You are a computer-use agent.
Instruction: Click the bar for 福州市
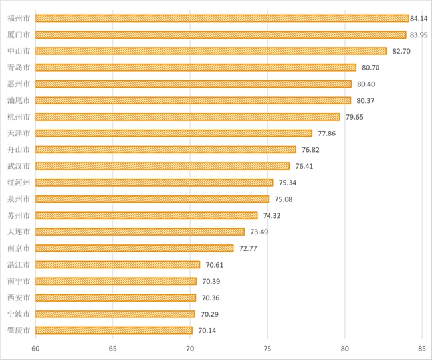222,18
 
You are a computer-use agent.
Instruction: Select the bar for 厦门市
221,35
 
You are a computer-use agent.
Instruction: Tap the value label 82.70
401,51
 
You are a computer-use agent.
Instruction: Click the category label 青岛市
19,67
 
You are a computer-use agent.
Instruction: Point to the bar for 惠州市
193,84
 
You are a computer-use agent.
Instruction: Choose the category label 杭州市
19,117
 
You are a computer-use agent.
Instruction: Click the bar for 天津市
173,133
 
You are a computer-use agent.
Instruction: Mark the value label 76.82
310,149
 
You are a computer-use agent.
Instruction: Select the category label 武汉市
19,166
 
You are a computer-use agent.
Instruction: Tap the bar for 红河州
154,183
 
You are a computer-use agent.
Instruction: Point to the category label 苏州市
19,215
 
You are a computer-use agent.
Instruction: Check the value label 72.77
248,248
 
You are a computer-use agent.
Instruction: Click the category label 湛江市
19,264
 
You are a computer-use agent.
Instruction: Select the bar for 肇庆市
114,330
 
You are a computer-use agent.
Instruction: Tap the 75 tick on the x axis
267,347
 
